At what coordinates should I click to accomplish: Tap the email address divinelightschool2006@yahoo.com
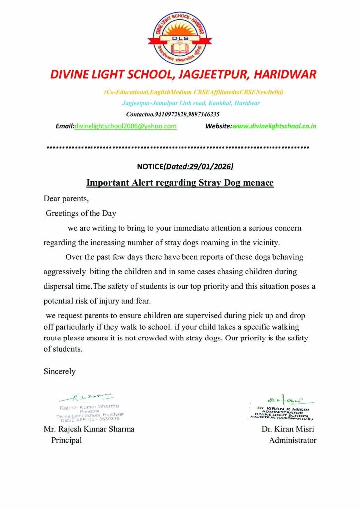pos(125,126)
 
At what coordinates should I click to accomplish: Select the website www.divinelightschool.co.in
pos(274,126)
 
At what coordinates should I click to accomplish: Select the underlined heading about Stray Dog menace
pos(180,183)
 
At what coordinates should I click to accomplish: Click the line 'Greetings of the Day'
pos(81,213)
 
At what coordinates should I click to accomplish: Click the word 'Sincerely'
pos(60,371)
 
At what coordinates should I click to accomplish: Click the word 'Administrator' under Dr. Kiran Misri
pos(292,440)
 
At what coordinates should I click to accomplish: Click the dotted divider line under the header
pos(178,147)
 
